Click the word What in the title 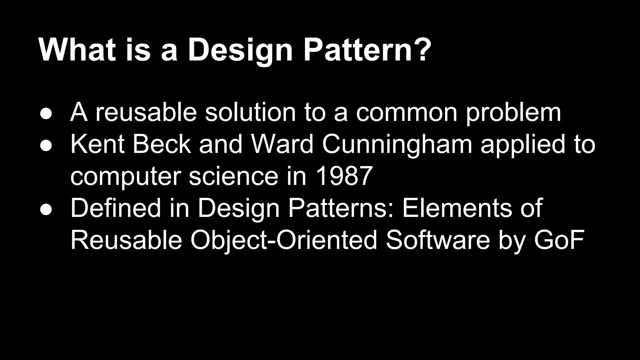click(x=77, y=50)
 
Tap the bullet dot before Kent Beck click(x=46, y=146)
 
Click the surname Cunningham click(x=397, y=146)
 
